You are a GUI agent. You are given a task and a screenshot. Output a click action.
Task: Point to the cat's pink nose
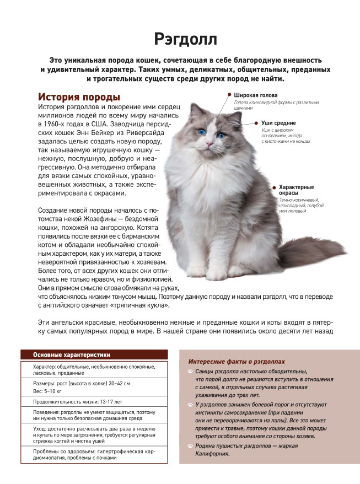[x=209, y=144]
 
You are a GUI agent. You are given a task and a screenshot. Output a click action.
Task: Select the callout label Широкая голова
[x=256, y=95]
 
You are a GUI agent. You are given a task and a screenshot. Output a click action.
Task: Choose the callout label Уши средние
[x=279, y=123]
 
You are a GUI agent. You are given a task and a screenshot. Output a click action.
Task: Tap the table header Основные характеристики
[x=72, y=354]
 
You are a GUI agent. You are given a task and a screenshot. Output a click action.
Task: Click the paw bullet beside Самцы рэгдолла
[x=190, y=372]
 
